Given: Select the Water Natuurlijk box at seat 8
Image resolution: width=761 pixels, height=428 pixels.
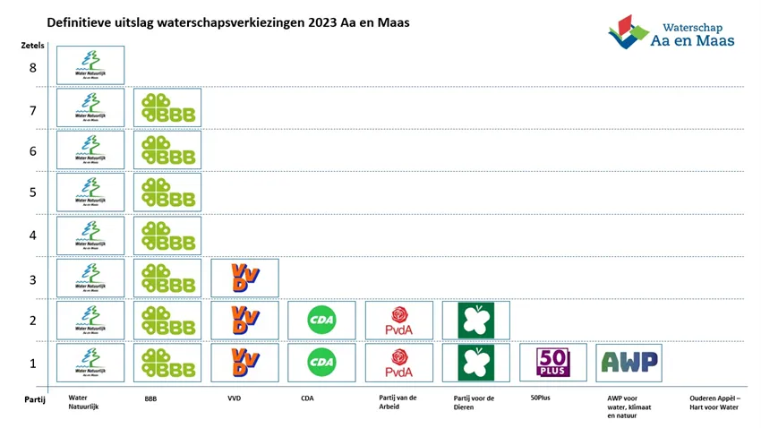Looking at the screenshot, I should [90, 64].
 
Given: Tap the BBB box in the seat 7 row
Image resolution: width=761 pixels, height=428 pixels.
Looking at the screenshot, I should [167, 107].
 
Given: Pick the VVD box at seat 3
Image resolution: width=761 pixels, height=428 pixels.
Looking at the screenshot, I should [244, 278].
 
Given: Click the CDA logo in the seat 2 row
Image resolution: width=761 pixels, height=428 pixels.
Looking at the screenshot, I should [321, 320].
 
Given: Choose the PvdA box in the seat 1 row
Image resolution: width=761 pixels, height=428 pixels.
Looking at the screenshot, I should [399, 363].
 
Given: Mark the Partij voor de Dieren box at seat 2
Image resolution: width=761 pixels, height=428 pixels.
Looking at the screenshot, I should [476, 320].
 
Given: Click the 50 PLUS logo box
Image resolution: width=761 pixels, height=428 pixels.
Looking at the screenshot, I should [553, 363].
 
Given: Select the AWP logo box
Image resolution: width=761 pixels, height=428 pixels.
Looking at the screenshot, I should [629, 363].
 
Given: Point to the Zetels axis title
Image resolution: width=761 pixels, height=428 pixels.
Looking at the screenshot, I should [32, 45].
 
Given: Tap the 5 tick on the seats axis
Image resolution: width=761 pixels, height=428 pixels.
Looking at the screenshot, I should [32, 193].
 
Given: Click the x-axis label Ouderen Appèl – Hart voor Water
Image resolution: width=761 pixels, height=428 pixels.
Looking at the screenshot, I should [715, 402].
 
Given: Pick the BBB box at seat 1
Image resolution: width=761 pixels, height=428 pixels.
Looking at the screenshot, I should [167, 363].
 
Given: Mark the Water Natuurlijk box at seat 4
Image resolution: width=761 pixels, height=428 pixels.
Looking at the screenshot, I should [90, 235].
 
